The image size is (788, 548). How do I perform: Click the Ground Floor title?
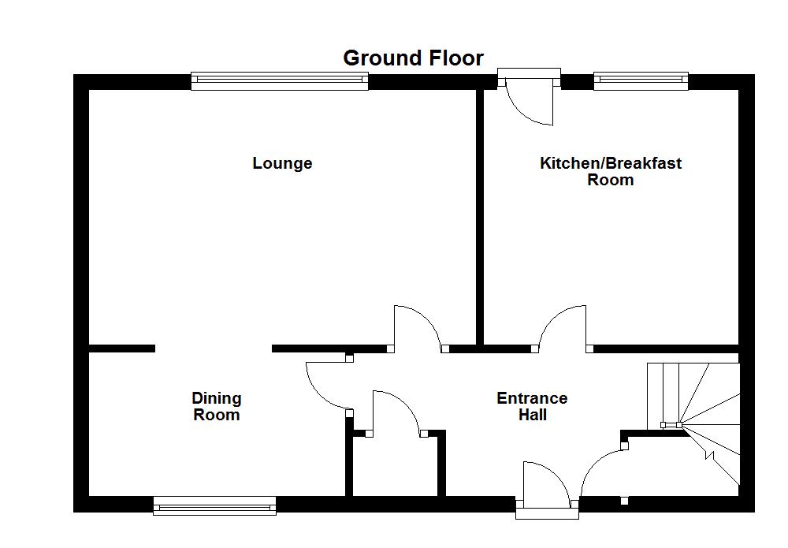click(413, 58)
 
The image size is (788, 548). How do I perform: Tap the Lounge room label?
click(282, 163)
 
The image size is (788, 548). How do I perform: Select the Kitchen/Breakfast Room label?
click(610, 171)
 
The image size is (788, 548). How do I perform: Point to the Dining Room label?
click(217, 406)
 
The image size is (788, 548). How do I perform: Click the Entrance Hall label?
click(532, 406)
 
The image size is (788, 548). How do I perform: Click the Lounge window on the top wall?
click(280, 81)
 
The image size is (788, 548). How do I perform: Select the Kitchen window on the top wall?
click(641, 81)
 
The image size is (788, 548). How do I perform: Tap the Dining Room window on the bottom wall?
click(215, 505)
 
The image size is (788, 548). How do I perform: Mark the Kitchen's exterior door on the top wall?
click(530, 99)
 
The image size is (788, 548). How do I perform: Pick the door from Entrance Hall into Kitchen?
click(563, 326)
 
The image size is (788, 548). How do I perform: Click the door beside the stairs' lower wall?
click(604, 472)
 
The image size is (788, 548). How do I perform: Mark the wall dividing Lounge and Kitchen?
click(479, 217)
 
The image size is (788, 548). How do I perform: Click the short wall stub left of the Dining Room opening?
click(121, 348)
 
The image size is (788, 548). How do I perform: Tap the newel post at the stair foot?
click(678, 425)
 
